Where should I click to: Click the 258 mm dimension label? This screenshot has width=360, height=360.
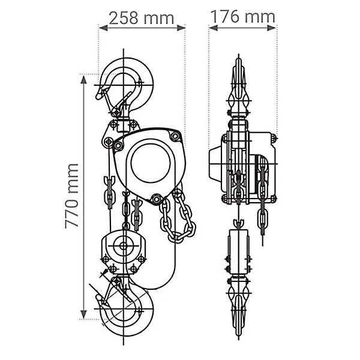click(x=142, y=18)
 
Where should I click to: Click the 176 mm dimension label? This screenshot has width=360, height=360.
click(x=242, y=16)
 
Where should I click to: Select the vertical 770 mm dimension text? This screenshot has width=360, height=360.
click(x=71, y=196)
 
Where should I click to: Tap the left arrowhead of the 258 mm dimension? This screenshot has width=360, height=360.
click(x=103, y=28)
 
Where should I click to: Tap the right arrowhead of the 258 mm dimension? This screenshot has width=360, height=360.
click(x=181, y=28)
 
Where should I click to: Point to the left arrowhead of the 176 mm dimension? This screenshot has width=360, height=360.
click(x=213, y=28)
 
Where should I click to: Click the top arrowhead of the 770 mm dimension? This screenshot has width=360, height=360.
click(x=83, y=79)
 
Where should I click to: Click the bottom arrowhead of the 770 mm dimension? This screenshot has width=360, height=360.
click(x=83, y=314)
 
